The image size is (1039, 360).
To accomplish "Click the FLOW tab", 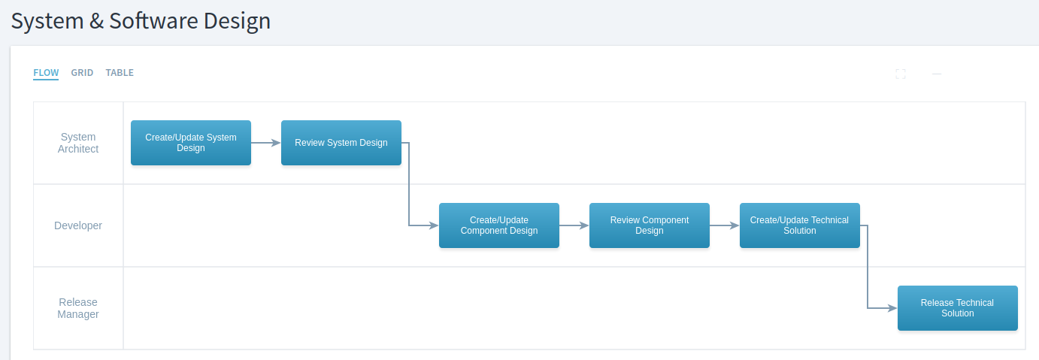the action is (x=46, y=73).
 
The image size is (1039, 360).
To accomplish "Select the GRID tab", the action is (x=82, y=73).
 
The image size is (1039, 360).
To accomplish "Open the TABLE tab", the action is (x=120, y=73).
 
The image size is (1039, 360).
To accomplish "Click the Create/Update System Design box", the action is (x=191, y=143).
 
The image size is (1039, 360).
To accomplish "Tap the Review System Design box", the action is (x=341, y=143).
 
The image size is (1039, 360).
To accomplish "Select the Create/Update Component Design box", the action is (x=499, y=225).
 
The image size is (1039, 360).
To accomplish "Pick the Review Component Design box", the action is (x=650, y=225).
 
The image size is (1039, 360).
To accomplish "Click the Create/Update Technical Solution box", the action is (x=800, y=225).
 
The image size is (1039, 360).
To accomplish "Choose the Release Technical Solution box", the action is (x=957, y=308).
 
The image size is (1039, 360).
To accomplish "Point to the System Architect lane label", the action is (x=78, y=143).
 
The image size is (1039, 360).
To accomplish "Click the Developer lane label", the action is (x=78, y=225).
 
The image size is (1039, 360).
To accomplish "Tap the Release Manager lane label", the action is (x=78, y=308).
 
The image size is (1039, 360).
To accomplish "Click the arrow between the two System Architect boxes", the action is (x=266, y=143).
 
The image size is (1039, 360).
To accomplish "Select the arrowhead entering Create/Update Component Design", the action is (x=434, y=225).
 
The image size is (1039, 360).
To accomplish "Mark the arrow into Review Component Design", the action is (x=574, y=225).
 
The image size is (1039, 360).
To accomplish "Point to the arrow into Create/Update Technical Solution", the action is (x=725, y=225).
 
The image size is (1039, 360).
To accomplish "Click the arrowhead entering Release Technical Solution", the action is (x=892, y=308).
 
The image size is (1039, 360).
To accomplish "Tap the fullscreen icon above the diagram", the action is (x=901, y=74).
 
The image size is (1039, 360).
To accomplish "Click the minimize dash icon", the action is (x=937, y=74).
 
